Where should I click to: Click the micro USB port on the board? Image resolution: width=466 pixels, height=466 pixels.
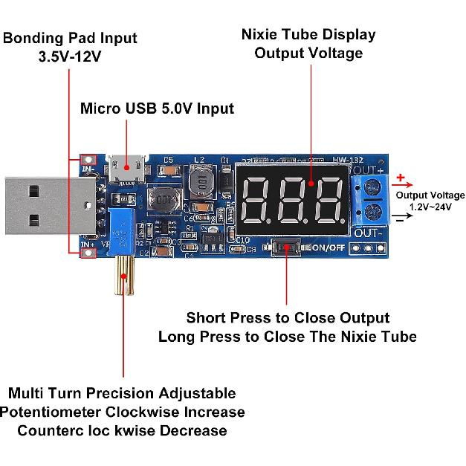(x=126, y=169)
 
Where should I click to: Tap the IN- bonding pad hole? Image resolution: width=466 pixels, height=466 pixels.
(x=89, y=161)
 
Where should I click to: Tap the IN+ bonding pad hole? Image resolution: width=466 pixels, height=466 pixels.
(x=89, y=253)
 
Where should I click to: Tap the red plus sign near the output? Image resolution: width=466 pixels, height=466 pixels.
(x=401, y=178)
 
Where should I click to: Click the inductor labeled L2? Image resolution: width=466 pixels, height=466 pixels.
(x=199, y=179)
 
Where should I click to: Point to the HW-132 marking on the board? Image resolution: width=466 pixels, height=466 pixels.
(x=347, y=159)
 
